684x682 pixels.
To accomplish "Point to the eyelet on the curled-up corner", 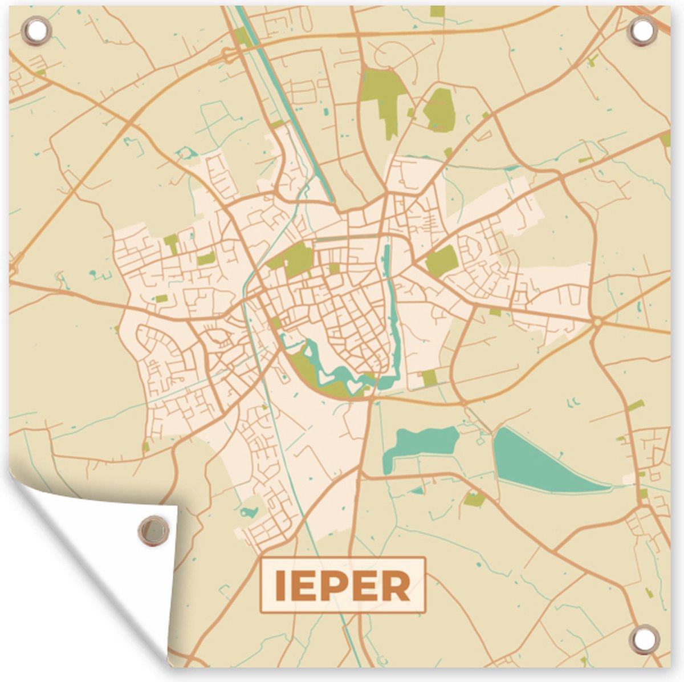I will tap(153, 529).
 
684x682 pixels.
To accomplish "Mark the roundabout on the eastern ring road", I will tap(597, 323).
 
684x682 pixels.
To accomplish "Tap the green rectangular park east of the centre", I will tap(442, 261).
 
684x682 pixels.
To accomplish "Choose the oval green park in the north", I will tap(441, 109).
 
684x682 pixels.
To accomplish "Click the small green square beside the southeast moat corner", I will tap(429, 377).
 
